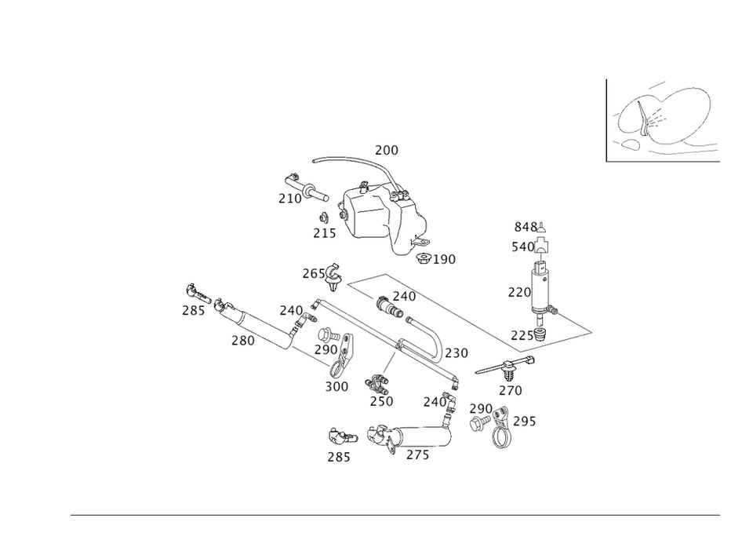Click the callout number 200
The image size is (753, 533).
point(387,150)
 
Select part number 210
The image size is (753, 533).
point(289,199)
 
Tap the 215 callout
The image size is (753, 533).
point(324,233)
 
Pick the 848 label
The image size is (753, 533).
point(526,227)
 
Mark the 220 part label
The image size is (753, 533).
point(518,293)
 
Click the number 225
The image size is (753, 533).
point(521,335)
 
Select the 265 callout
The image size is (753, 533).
point(313,274)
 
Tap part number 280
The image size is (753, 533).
point(243,341)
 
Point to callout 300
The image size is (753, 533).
point(336,386)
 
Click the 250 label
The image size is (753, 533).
point(381,401)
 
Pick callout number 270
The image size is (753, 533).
point(510,390)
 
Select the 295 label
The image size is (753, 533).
point(525,422)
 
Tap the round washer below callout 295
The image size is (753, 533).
point(500,441)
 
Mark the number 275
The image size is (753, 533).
point(418,455)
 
